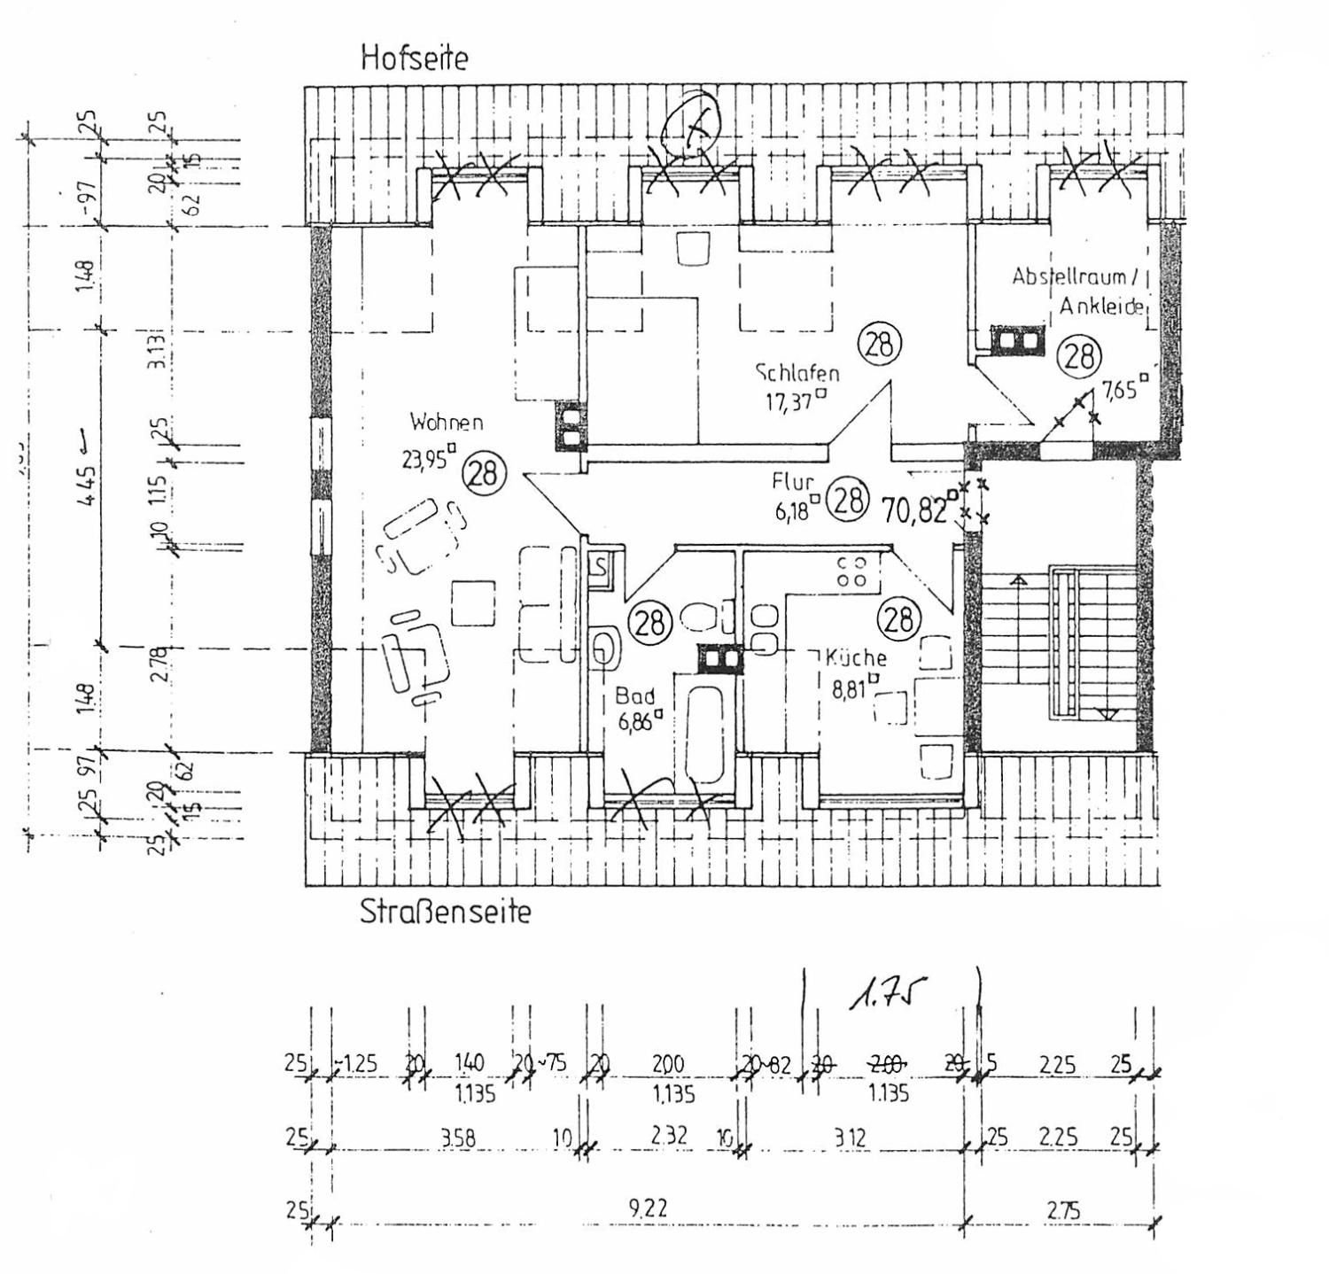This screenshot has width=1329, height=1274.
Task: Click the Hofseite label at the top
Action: tap(414, 58)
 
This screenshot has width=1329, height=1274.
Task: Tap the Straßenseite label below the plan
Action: tap(445, 912)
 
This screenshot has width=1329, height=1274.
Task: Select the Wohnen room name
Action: tap(447, 422)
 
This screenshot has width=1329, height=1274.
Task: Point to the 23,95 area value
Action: tap(426, 459)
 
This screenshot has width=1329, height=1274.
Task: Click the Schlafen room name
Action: tap(797, 372)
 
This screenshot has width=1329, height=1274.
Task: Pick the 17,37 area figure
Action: tap(790, 402)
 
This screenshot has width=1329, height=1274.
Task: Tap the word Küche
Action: tap(856, 657)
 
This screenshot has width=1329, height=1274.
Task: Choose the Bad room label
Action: tap(635, 696)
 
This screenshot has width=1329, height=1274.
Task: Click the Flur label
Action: tap(792, 482)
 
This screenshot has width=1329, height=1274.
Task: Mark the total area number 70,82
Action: tap(914, 509)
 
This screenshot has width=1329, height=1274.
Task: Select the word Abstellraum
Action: tap(1069, 276)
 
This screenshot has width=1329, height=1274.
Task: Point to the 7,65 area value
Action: tap(1119, 389)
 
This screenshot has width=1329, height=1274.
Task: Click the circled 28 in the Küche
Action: tap(898, 618)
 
